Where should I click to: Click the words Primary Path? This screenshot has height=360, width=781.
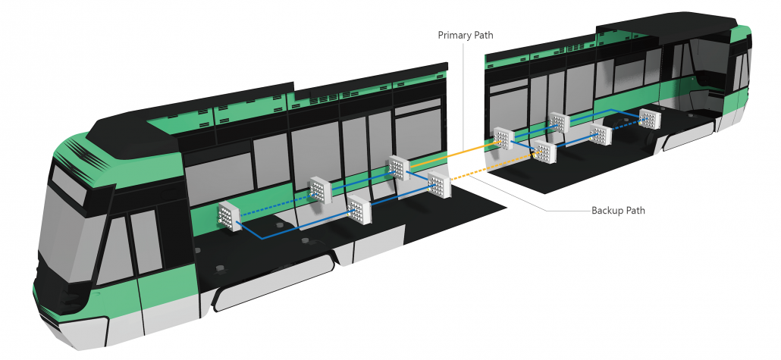[x=463, y=36]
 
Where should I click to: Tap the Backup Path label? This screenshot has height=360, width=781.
[x=618, y=210]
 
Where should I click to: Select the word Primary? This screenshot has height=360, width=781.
[x=453, y=36]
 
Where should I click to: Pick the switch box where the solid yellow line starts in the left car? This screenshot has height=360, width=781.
[x=398, y=167]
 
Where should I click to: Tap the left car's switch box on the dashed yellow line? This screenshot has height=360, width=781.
[x=438, y=186]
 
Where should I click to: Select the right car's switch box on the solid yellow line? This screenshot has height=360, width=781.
[x=503, y=139]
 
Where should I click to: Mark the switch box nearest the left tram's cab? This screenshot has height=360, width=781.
[x=228, y=217]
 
